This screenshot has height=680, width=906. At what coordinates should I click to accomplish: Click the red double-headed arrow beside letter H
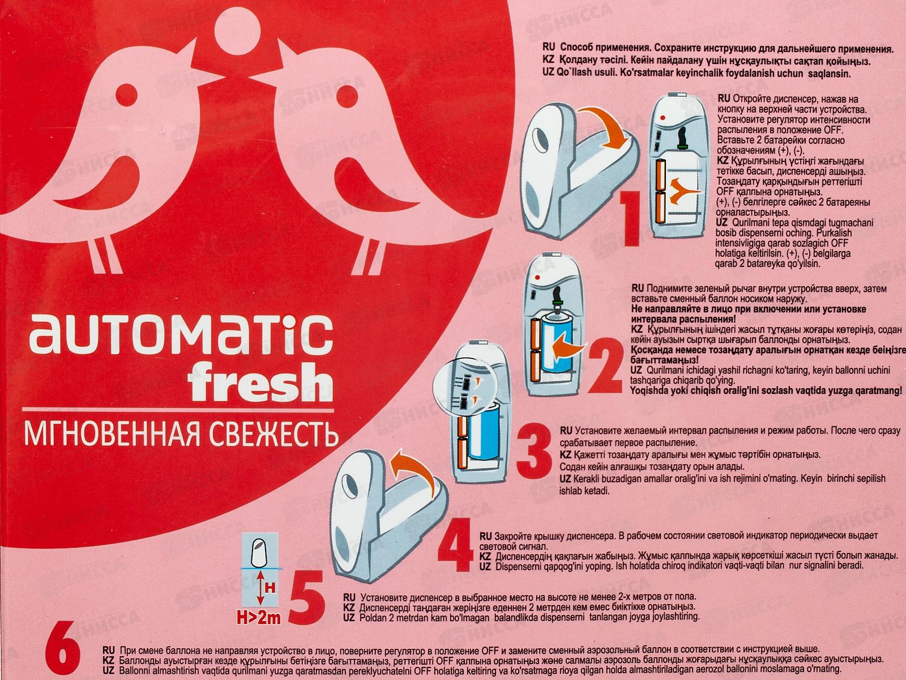tap(260, 589)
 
